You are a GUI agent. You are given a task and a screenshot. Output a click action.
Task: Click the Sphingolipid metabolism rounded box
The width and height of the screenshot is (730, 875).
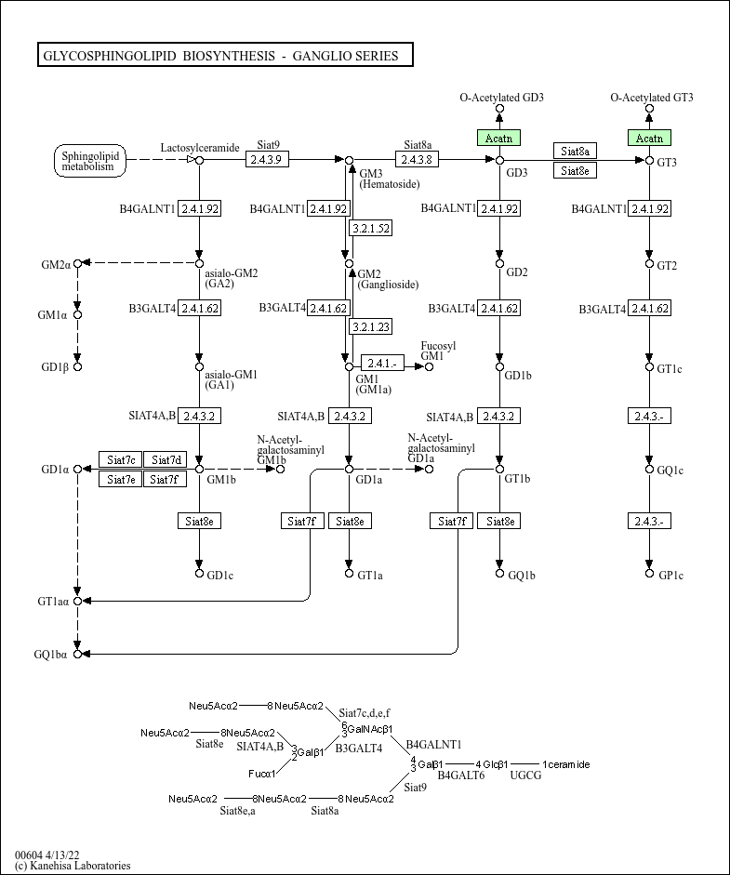coord(90,161)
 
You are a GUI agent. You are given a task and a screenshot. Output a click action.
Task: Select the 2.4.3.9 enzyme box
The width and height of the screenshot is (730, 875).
coord(267,160)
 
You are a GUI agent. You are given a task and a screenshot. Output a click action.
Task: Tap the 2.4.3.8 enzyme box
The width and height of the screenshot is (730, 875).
coord(417,160)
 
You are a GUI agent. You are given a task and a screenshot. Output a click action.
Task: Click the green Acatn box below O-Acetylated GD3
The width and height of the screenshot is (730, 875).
coord(499,138)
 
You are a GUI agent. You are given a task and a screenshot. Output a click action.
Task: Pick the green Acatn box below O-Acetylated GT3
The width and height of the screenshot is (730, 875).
coord(650,138)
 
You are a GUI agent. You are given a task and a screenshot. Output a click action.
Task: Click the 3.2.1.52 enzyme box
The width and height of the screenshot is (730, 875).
coord(371,228)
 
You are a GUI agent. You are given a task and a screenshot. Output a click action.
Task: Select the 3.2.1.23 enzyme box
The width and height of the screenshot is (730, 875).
coord(371,326)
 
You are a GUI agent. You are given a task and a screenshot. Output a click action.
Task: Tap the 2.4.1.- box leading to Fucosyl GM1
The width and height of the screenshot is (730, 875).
coord(382,364)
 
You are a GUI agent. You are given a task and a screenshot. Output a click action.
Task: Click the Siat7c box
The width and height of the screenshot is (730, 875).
coord(121,460)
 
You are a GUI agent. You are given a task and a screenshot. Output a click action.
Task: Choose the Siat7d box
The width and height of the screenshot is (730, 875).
coord(166,460)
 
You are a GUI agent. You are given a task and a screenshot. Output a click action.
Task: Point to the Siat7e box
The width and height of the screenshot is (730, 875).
coord(121,479)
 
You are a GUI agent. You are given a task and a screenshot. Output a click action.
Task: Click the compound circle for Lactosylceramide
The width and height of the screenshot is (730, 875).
coord(199,161)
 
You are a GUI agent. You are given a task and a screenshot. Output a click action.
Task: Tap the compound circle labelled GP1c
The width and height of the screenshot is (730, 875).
coord(649,573)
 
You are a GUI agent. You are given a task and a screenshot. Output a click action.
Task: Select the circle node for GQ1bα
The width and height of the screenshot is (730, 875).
coord(77,654)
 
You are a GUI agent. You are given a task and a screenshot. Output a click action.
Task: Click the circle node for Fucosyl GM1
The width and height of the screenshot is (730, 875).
coord(429,366)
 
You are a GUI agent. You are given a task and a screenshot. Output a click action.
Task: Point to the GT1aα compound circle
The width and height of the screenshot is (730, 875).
coord(77,601)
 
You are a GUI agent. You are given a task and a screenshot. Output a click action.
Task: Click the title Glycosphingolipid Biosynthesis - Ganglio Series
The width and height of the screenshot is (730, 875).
coord(221,56)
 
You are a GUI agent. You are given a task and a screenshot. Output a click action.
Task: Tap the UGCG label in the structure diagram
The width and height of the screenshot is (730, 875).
coord(525,776)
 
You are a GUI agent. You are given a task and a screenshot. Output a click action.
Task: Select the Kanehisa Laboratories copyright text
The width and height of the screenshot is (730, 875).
coord(73,866)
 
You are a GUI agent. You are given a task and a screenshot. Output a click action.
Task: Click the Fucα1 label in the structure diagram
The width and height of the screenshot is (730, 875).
coord(261,774)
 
